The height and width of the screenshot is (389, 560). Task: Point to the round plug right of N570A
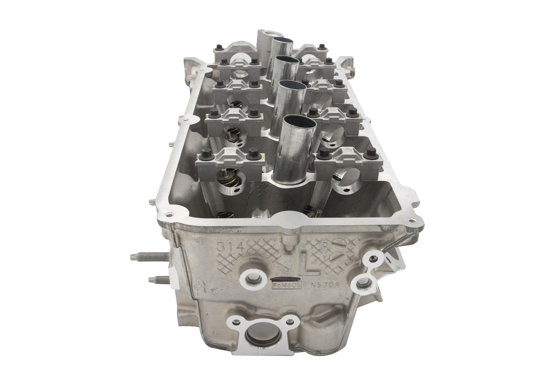(362, 283)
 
